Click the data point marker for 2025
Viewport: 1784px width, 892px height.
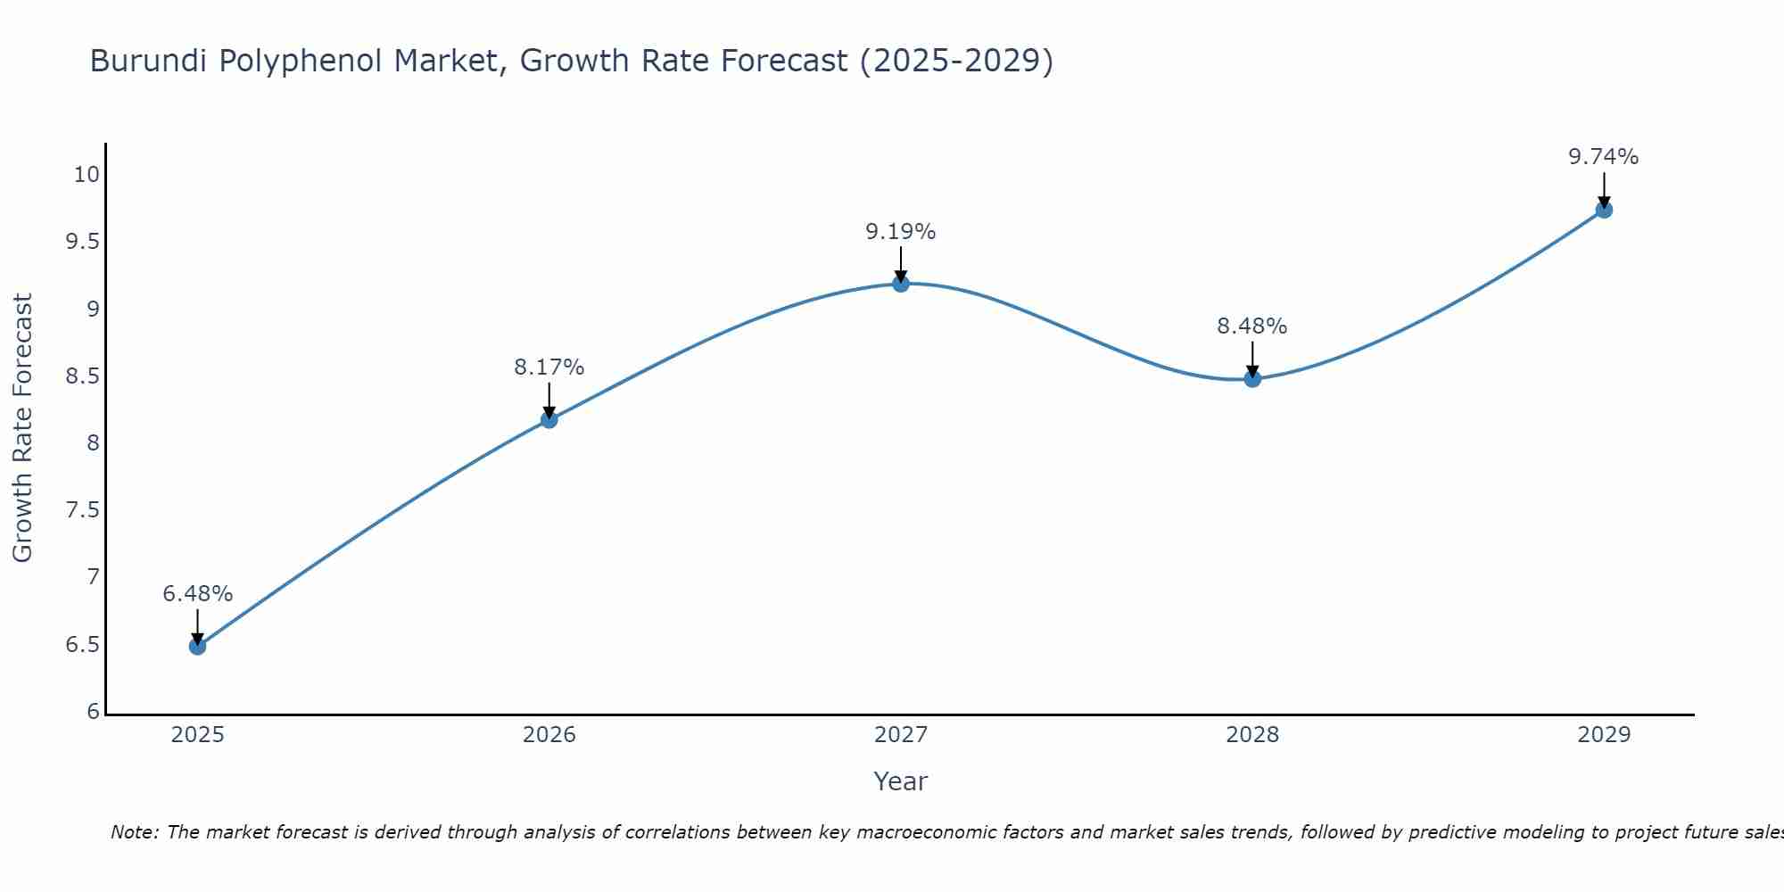[x=198, y=646]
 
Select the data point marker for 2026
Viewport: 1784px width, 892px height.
[x=549, y=419]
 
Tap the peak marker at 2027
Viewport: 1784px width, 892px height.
[x=901, y=284]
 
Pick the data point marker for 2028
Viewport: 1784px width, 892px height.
[x=1252, y=378]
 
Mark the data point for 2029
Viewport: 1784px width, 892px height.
[x=1604, y=210]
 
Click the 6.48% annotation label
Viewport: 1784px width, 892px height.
[x=198, y=594]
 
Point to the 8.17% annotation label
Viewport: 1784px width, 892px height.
[x=549, y=368]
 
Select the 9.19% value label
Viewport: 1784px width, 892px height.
[x=901, y=232]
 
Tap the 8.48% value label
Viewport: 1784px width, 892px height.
[x=1252, y=326]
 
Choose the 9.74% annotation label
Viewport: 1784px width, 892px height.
[x=1604, y=157]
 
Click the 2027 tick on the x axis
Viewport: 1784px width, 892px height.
[x=901, y=735]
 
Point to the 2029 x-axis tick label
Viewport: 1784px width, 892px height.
[x=1604, y=735]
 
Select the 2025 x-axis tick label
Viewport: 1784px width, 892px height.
[x=198, y=735]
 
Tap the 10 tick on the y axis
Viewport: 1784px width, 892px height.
[x=87, y=175]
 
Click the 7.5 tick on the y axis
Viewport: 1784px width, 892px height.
[x=82, y=510]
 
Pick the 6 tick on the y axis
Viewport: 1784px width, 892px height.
[x=94, y=712]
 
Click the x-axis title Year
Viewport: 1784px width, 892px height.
[x=901, y=781]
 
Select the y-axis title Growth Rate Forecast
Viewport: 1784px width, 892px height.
[x=23, y=428]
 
